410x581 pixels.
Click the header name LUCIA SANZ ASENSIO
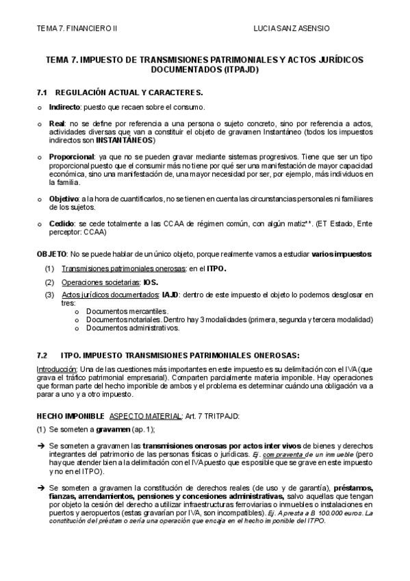click(291, 29)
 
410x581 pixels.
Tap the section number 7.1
click(42, 92)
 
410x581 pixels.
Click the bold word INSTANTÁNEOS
click(123, 140)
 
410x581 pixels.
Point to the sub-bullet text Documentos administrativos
click(133, 327)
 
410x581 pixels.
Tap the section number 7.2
click(42, 355)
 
